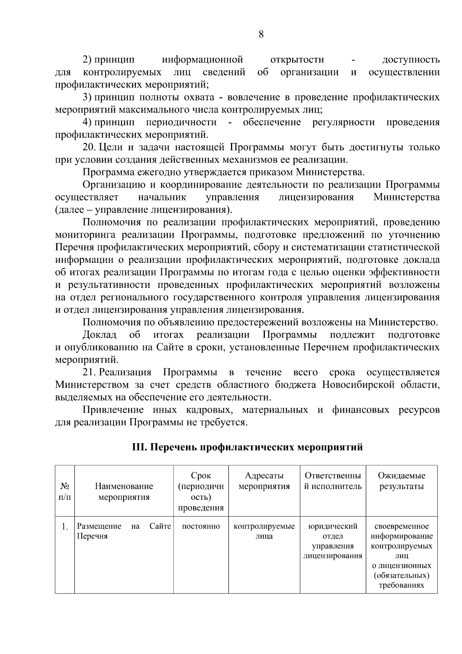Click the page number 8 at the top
point(261,35)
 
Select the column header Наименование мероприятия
point(124,491)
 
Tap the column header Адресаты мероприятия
point(264,481)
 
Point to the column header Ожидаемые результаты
point(402,481)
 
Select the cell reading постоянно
point(201,526)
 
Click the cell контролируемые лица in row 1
point(264,531)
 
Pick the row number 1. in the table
point(65,527)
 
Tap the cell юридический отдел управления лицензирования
point(333,541)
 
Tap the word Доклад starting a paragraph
point(99,335)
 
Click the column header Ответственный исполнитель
point(333,481)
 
